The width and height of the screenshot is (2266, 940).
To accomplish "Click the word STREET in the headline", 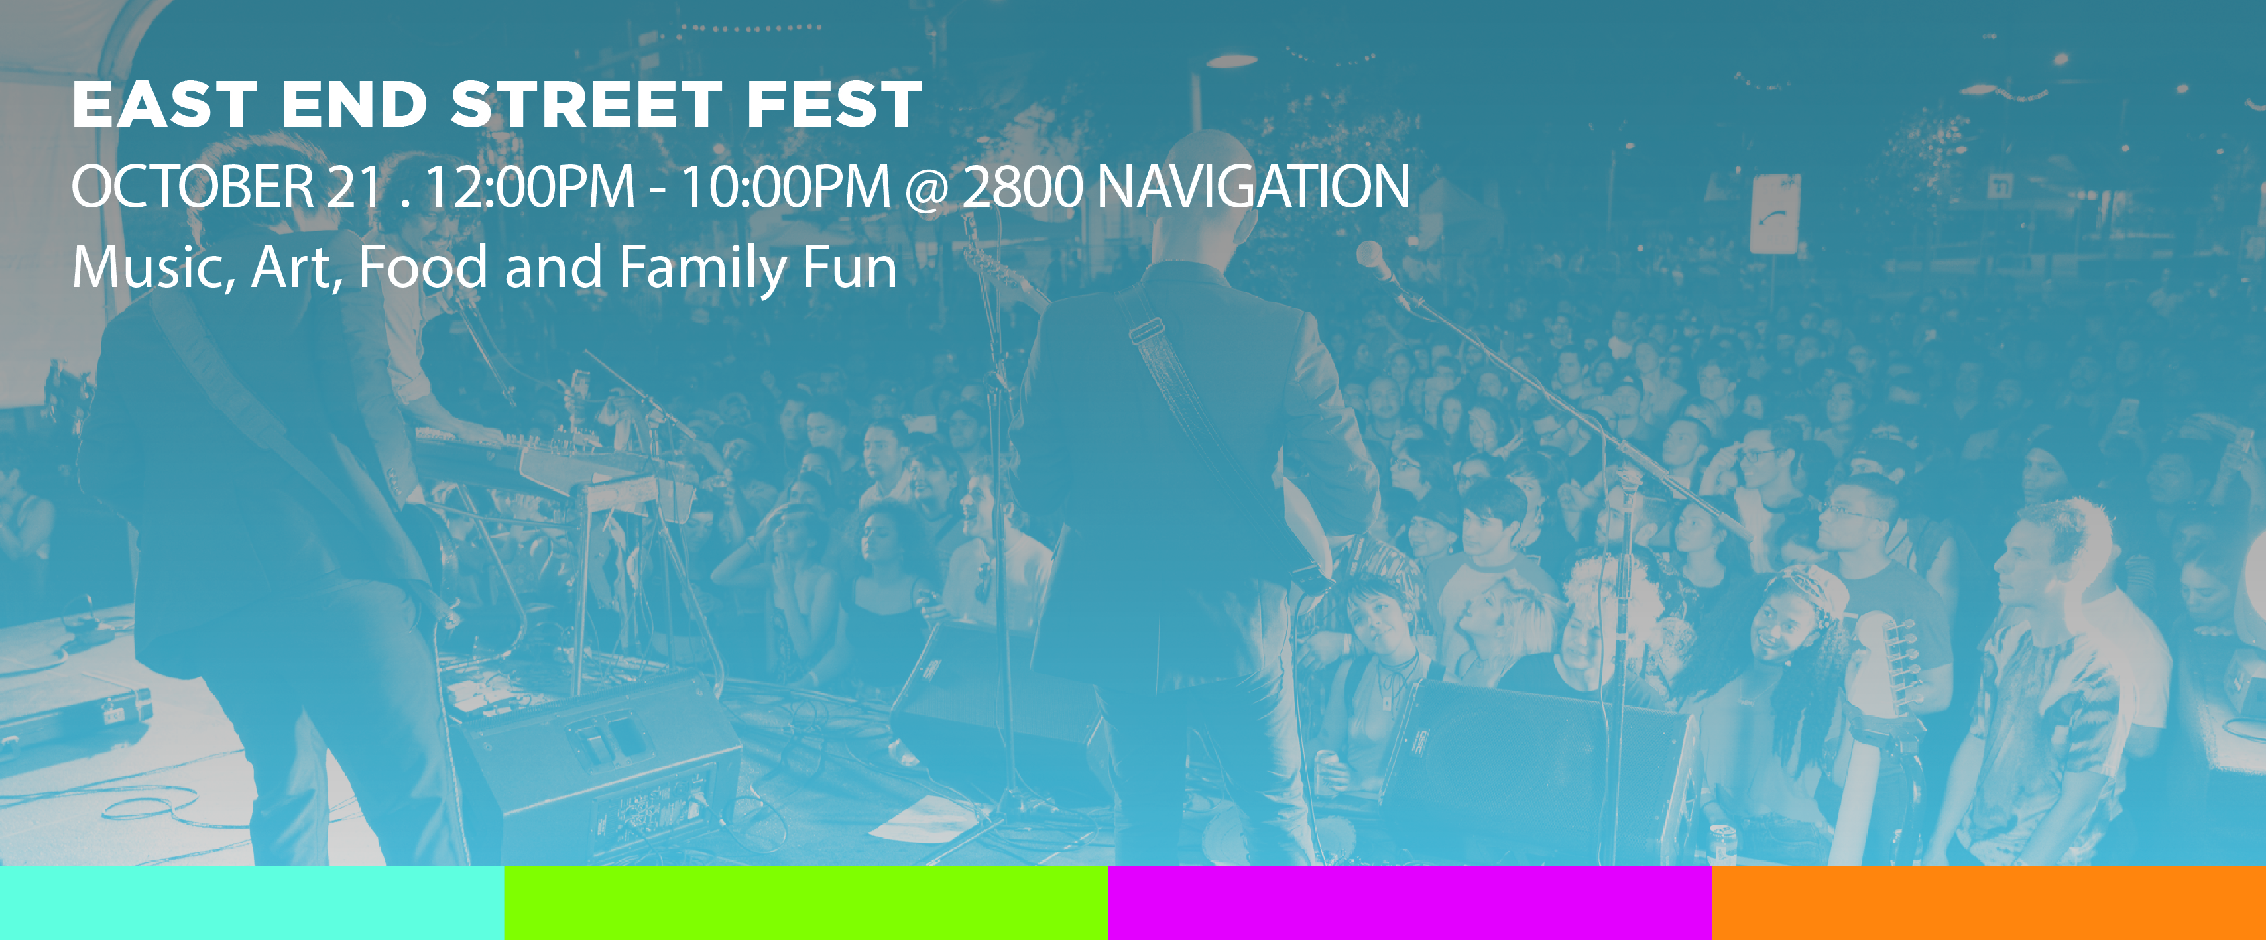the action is (x=586, y=105).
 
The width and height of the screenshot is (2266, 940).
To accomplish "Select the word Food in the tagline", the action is (x=423, y=266).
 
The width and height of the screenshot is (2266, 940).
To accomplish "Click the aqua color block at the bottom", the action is (x=251, y=902).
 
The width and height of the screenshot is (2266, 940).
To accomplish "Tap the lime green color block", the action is (x=805, y=902).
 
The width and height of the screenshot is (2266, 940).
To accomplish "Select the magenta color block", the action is (x=1410, y=902).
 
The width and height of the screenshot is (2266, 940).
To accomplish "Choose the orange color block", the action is (x=1989, y=902).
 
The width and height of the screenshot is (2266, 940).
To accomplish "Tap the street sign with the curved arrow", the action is (x=1774, y=213).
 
